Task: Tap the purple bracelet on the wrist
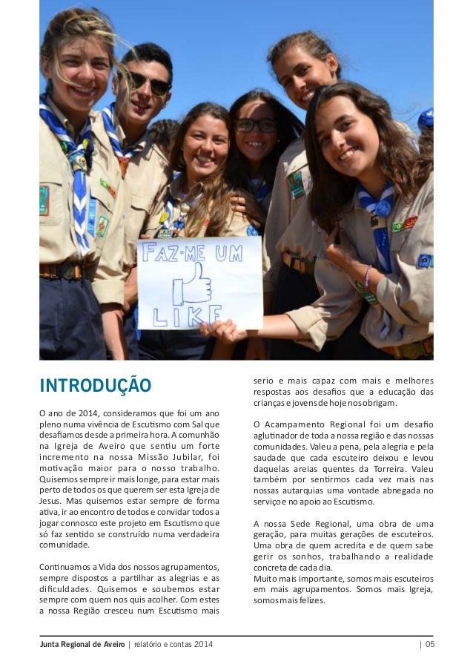[366, 275]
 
